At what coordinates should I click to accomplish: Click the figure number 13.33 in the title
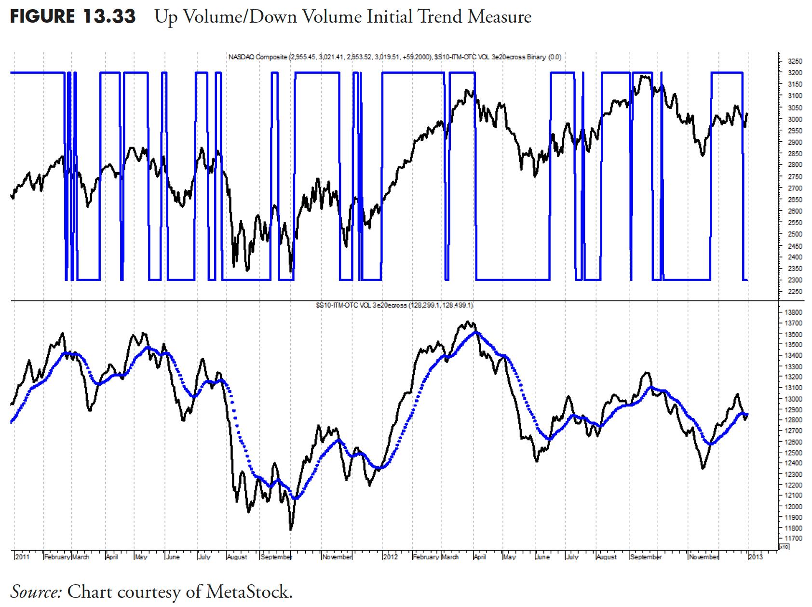pos(109,17)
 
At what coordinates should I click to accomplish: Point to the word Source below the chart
pos(36,592)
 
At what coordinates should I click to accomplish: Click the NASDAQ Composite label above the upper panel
pos(257,57)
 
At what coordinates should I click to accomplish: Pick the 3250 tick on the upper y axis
pos(794,61)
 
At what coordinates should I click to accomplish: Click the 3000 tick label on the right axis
pos(794,119)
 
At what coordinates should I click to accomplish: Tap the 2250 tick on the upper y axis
pos(794,292)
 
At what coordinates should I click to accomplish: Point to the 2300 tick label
pos(794,280)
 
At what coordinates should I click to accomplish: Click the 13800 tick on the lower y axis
pos(796,312)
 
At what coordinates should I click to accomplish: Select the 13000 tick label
pos(796,399)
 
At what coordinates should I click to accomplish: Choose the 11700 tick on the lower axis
pos(796,538)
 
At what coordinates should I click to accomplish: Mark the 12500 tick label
pos(796,453)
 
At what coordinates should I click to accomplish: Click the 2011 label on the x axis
pos(22,557)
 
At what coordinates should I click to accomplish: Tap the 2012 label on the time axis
pos(390,557)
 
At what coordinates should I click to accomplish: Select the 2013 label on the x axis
pos(755,557)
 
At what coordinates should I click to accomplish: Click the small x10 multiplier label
pos(784,546)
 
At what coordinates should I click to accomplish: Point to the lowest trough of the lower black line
pos(291,529)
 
